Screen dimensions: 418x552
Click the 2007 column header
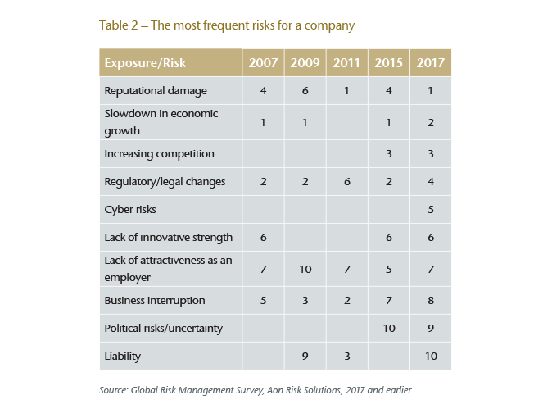[x=263, y=63]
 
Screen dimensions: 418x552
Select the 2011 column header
[x=346, y=63]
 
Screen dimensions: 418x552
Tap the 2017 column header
[x=431, y=63]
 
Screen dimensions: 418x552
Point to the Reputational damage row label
[x=156, y=91]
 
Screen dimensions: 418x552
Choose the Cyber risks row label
[x=131, y=209]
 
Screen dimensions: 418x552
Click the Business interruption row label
[x=155, y=301]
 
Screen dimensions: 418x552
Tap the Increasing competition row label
[x=159, y=153]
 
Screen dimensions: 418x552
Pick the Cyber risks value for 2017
[x=431, y=209]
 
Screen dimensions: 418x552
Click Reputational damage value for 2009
[x=305, y=91]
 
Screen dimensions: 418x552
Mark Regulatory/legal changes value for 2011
[x=346, y=181]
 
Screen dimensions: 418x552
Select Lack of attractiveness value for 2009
[x=305, y=269]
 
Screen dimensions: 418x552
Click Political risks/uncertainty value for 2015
[x=388, y=329]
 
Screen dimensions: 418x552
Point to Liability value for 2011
[x=346, y=357]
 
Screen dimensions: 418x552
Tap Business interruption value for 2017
[x=431, y=301]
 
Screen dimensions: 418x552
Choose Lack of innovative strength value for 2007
[x=263, y=237]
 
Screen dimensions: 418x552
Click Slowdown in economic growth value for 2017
[x=431, y=121]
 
